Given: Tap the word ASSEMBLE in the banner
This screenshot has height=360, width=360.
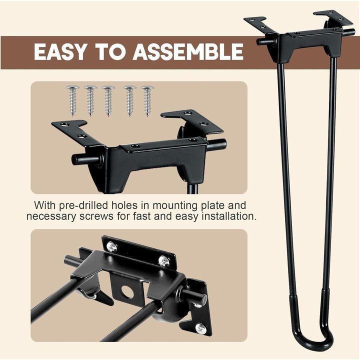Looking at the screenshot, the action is pos(188,51).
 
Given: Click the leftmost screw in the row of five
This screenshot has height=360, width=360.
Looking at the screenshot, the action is pos(73,100).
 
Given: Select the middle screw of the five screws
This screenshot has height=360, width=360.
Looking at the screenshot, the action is pos(108,100).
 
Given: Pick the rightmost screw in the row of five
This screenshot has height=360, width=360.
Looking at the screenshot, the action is pos(147,101).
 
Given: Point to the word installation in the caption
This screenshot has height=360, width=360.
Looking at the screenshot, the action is pos(229,216).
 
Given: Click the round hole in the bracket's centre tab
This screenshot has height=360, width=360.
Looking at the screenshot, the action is pos(127,291).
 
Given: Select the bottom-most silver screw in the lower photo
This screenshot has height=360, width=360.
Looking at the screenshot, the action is pos(200,328).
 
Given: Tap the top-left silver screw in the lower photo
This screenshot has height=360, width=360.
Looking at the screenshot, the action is pos(112,247).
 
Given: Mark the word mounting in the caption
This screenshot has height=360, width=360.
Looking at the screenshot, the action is pos(175,205).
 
